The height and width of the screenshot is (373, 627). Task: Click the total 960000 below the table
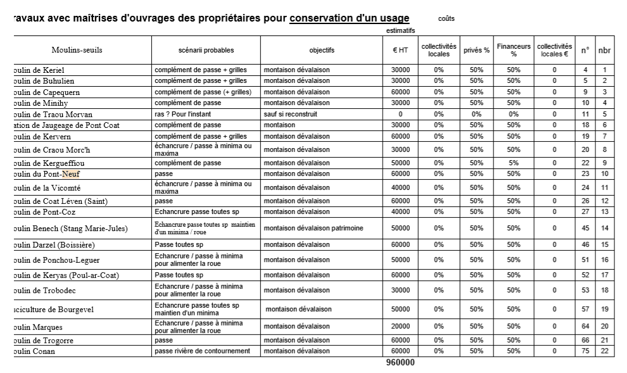(400, 363)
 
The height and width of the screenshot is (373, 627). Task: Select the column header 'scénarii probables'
(206, 51)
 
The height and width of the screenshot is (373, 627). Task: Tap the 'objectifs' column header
(322, 51)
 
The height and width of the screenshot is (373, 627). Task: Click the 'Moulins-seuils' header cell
(77, 50)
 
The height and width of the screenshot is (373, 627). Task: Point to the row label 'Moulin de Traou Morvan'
(53, 115)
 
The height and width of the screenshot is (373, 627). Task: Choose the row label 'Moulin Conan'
(34, 351)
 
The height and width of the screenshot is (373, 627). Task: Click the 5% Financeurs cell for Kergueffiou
(514, 163)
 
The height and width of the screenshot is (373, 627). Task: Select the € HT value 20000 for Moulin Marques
(400, 327)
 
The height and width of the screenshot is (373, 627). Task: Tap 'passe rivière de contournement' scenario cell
(203, 351)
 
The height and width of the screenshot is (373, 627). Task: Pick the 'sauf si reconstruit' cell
(291, 115)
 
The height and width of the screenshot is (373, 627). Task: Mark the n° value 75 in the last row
(585, 351)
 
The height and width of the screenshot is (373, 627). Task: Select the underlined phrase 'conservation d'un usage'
(349, 18)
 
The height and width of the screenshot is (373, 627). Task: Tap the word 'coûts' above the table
(446, 18)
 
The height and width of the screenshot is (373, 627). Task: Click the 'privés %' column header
(476, 51)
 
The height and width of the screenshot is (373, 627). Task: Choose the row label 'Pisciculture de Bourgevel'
(54, 310)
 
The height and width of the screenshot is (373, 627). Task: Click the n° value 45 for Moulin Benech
(585, 228)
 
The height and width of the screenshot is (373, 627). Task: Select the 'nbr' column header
(605, 51)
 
